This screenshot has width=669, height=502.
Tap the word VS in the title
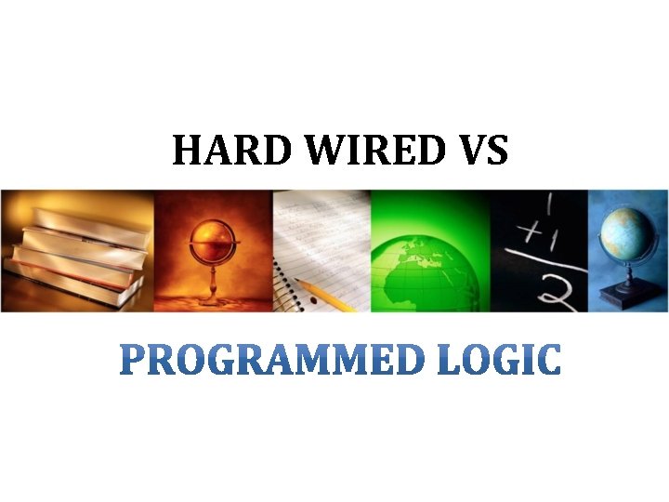click(478, 151)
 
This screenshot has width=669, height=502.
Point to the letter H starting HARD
click(186, 151)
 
